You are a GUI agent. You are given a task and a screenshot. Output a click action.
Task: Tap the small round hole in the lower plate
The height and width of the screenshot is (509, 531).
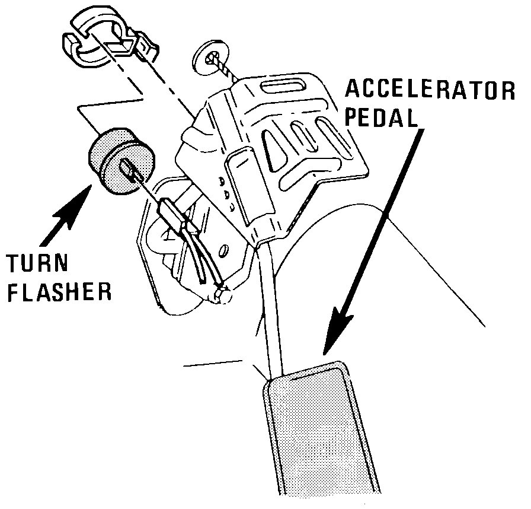(x=223, y=251)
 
